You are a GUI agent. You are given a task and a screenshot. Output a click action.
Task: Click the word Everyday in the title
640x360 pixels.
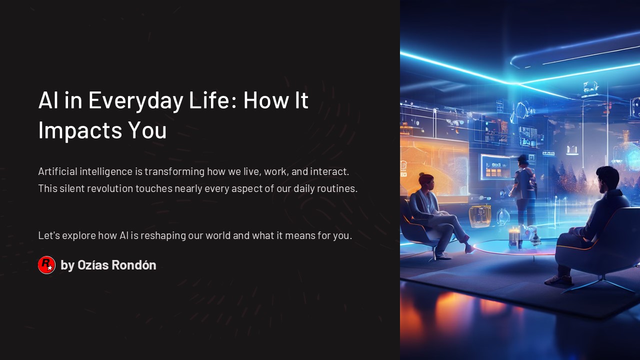[135, 101]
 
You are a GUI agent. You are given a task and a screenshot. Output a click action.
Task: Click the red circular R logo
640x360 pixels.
[46, 265]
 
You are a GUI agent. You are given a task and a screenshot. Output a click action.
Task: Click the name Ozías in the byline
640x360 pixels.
[93, 265]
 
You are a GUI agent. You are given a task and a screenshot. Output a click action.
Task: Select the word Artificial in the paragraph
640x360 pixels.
[57, 171]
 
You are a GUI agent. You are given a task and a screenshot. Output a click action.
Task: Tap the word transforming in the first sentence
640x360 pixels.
[174, 172]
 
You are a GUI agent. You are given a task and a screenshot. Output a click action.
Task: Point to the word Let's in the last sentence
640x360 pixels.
[49, 235]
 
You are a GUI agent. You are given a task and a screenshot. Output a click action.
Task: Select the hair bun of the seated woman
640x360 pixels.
[421, 174]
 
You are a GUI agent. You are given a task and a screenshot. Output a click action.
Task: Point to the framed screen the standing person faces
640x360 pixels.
[495, 167]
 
